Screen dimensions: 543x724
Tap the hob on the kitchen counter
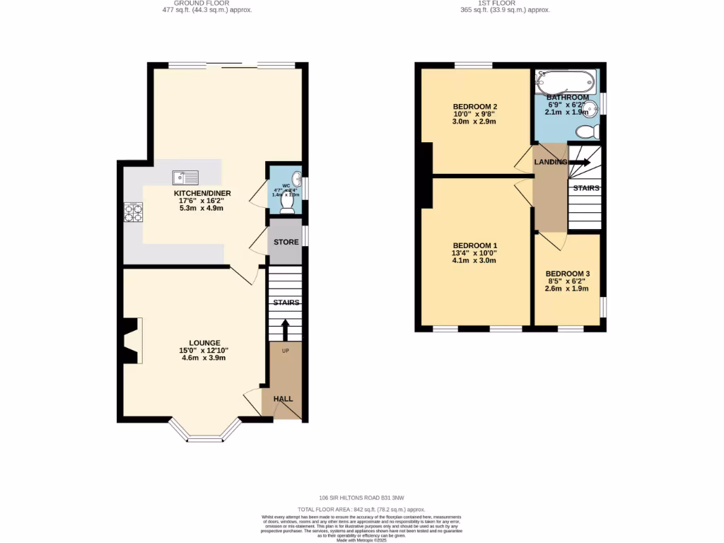132,212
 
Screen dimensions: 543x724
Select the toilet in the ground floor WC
287,203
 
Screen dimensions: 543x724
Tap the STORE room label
286,242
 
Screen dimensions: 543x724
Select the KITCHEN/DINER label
203,194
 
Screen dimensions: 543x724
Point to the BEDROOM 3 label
567,274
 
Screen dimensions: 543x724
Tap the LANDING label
550,162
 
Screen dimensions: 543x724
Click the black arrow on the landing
579,162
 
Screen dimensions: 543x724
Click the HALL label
284,399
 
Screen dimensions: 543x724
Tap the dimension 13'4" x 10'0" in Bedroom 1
474,253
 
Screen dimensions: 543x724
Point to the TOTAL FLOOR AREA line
361,509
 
